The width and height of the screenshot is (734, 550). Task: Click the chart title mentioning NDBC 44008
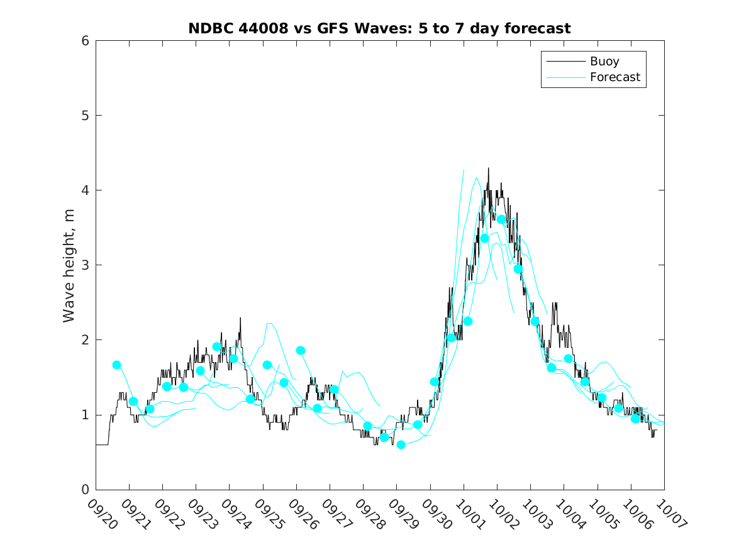(379, 28)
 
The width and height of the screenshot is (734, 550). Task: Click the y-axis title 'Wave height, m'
(69, 265)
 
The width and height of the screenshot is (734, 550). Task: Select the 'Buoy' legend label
(604, 62)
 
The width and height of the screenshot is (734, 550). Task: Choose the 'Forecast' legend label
(614, 77)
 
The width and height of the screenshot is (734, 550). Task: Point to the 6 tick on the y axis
(83, 41)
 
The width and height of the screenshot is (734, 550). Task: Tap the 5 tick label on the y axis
(83, 116)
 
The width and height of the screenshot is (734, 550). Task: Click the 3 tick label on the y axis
(83, 265)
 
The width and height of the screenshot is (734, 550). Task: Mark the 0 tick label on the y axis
(83, 490)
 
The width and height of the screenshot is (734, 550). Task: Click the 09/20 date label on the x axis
(101, 512)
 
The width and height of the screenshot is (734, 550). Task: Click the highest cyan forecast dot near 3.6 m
(501, 219)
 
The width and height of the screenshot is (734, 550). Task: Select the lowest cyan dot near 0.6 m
(401, 444)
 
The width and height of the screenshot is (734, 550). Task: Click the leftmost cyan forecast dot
(116, 365)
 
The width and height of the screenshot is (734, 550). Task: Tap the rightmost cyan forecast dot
(635, 419)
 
